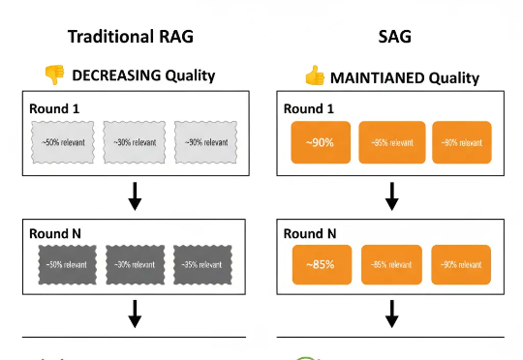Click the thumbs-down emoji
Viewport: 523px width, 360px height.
[52, 75]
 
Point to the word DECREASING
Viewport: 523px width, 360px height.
[112, 75]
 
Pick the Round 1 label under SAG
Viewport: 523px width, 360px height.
[311, 108]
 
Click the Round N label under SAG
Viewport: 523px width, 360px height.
[311, 232]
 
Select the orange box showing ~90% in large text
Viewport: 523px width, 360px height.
[321, 142]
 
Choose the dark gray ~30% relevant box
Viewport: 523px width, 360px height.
[133, 264]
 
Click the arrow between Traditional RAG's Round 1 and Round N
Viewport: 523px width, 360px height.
[135, 196]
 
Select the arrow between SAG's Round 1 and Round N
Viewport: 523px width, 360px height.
[391, 196]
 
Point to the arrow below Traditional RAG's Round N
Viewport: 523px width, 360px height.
[135, 315]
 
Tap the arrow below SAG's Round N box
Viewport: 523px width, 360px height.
[391, 315]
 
